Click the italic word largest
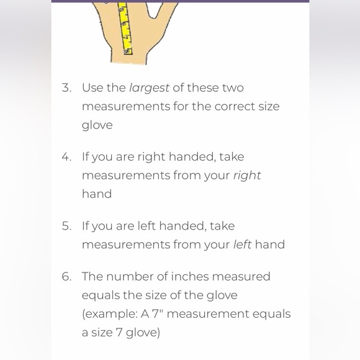[149, 88]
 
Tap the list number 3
[66, 88]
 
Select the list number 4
[66, 157]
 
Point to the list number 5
[66, 226]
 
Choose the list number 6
[66, 276]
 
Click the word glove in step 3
[97, 125]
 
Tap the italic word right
[247, 176]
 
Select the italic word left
[242, 245]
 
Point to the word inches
[190, 276]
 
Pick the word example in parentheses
[111, 314]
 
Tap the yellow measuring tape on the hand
[125, 28]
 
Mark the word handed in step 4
[192, 157]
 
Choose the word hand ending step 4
[97, 194]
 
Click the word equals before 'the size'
[101, 295]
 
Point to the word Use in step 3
[92, 88]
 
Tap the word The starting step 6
[92, 276]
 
